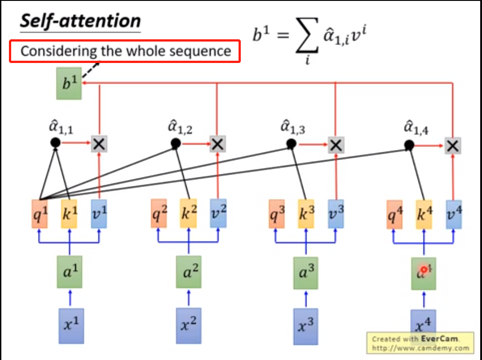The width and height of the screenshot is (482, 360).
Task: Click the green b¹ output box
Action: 68,83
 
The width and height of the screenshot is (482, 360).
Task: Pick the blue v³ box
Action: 336,214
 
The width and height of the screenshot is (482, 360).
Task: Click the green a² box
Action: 189,272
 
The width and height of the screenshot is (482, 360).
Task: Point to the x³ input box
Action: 306,326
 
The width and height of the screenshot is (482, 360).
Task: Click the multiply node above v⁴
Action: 453,146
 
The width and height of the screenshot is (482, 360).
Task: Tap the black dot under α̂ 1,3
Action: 291,144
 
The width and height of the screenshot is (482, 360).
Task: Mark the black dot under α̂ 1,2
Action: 176,143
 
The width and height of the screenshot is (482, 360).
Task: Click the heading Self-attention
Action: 80,21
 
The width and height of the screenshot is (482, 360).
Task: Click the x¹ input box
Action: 71,326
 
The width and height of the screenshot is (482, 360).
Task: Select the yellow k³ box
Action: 306,214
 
